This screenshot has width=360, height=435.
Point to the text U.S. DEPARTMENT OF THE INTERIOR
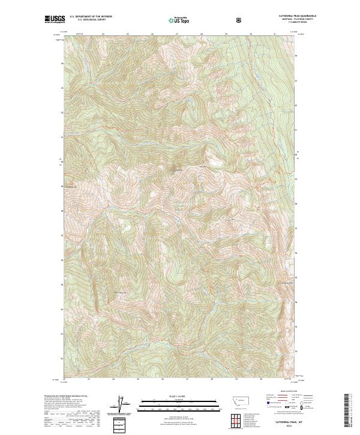91,17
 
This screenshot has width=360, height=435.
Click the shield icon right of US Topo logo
240,20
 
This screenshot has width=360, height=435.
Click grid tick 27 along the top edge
177,34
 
